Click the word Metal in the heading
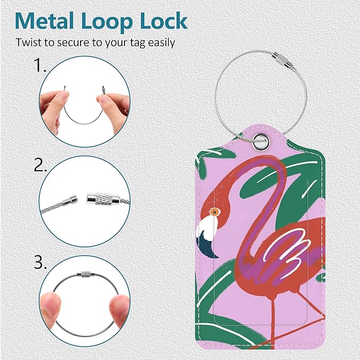(45, 21)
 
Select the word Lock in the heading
(163, 21)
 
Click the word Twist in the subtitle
(29, 42)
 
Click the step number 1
(40, 65)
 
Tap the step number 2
(40, 164)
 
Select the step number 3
(40, 262)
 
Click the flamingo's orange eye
(215, 213)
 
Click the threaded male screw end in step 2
(71, 201)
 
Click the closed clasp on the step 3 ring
(84, 274)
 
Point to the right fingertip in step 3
(118, 305)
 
